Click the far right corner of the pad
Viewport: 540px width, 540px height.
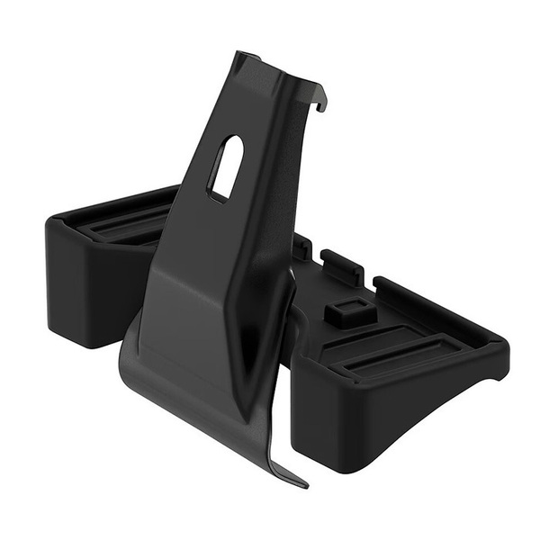pyautogui.click(x=499, y=346)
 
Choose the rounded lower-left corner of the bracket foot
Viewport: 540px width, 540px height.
pyautogui.click(x=126, y=360)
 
